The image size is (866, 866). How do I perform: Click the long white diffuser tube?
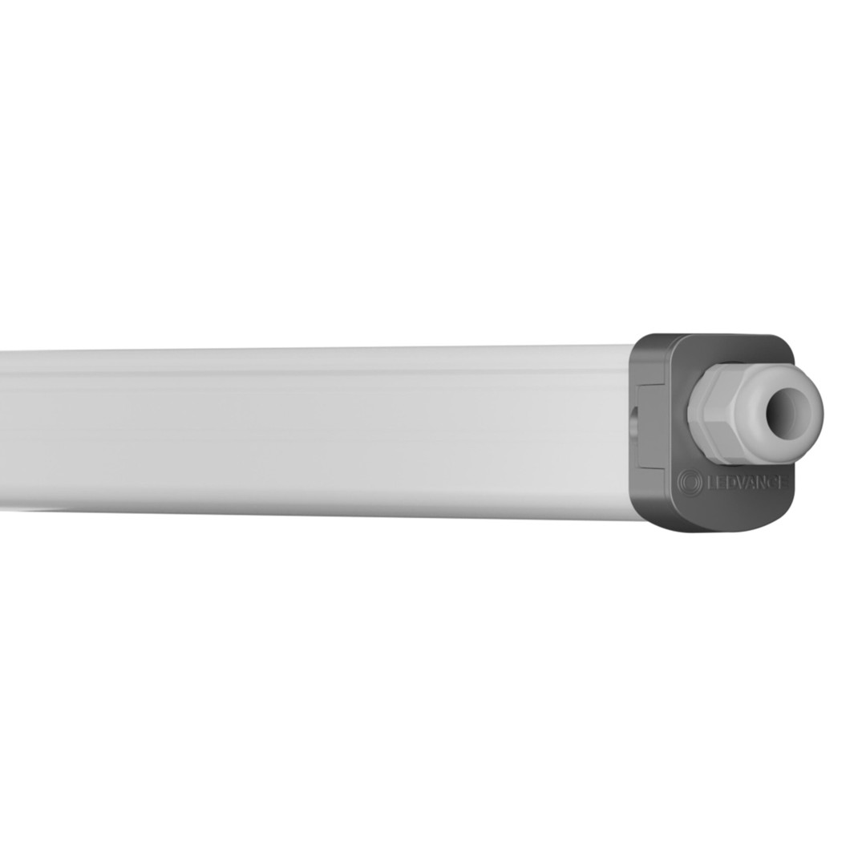pyautogui.click(x=315, y=431)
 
